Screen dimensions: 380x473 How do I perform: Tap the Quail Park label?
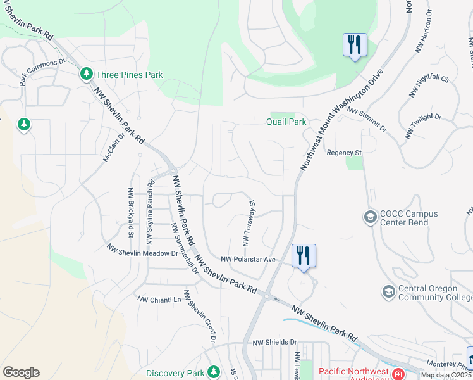(286, 122)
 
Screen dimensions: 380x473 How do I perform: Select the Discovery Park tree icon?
(214, 371)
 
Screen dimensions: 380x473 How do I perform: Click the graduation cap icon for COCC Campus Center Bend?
(369, 218)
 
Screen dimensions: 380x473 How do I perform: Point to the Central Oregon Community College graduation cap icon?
(388, 292)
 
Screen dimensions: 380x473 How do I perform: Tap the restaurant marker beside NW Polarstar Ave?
(304, 256)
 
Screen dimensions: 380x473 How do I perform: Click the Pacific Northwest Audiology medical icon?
(399, 374)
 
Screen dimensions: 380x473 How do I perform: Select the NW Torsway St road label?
(248, 224)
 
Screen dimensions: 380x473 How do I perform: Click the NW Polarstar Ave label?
(249, 259)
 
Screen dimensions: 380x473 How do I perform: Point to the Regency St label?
(343, 153)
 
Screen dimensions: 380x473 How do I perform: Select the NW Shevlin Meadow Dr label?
(142, 251)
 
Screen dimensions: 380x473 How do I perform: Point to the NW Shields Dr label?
(273, 343)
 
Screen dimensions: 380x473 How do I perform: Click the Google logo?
(21, 372)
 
